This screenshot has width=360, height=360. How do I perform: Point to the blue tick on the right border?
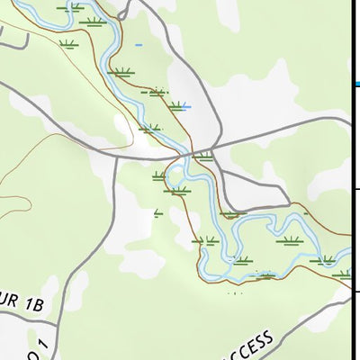point(356,84)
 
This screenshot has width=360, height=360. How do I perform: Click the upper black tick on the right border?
point(356,187)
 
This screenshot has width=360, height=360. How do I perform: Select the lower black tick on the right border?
point(356,291)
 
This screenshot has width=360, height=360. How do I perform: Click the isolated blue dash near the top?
point(138,43)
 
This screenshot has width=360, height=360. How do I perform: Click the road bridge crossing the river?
point(190,153)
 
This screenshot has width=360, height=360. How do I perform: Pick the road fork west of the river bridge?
point(117,156)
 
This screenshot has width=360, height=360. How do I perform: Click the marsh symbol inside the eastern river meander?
point(290,241)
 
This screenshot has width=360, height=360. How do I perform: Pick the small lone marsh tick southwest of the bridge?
point(158,212)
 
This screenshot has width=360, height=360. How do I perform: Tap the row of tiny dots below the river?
point(236,292)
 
